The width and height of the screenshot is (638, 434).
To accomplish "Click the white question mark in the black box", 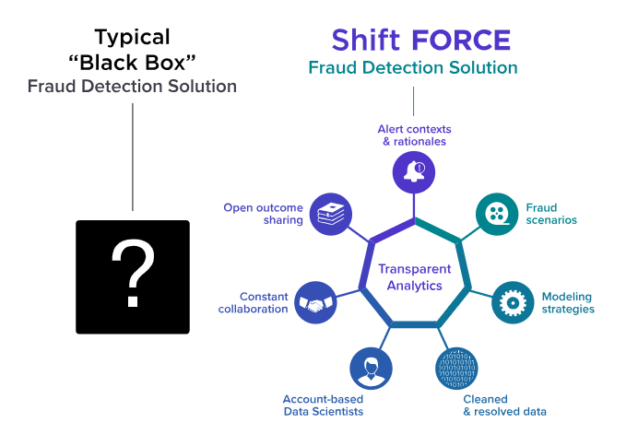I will [133, 276].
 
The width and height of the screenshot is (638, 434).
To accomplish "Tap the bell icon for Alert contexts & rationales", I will [414, 170].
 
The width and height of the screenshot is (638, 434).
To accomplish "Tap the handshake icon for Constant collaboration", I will [316, 301].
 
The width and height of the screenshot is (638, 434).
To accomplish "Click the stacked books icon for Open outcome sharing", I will [330, 214].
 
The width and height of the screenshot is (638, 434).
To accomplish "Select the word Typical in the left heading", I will [133, 38].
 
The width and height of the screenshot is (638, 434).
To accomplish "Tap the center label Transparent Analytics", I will [415, 277].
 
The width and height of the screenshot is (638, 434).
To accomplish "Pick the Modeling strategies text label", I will [567, 302].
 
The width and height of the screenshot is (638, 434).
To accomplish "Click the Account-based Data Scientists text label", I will [323, 405].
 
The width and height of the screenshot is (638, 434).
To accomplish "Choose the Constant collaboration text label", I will [254, 302].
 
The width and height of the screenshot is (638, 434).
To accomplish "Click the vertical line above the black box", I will [133, 157].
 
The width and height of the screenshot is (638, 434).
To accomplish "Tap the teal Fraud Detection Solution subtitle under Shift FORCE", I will [413, 67].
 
